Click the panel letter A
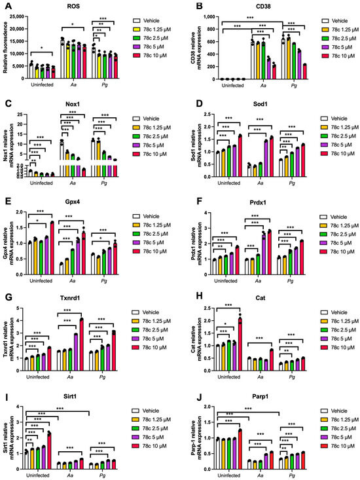(5, 6)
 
